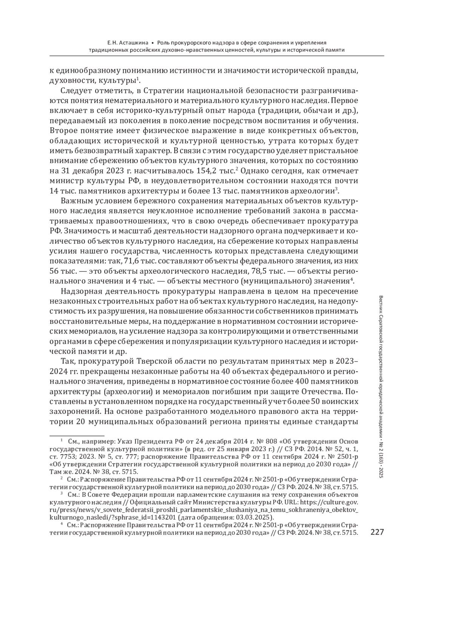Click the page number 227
pos(377,532)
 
